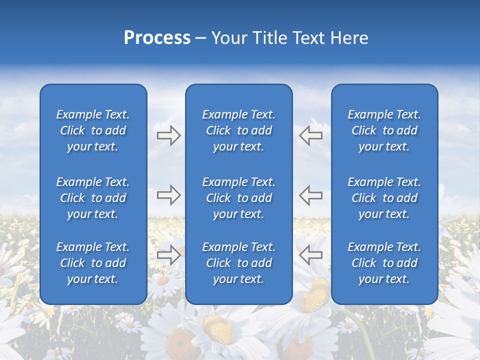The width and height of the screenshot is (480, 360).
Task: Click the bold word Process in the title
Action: [157, 38]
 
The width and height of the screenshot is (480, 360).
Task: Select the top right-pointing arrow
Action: [168, 135]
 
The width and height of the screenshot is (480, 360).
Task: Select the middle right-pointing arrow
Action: [168, 195]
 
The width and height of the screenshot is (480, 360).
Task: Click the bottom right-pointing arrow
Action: [168, 255]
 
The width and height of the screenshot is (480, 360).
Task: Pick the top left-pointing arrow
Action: [311, 135]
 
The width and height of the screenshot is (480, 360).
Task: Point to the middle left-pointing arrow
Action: [311, 195]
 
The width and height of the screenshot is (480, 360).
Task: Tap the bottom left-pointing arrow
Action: [311, 255]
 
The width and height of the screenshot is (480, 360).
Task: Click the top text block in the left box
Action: [93, 130]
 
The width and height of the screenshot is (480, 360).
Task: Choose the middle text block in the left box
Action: [93, 198]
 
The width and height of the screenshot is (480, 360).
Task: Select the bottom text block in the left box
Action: [93, 263]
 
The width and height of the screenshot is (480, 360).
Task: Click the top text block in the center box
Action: [238, 130]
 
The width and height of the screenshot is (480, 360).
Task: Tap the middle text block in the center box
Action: [238, 198]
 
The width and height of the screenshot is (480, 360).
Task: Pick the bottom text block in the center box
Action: [238, 263]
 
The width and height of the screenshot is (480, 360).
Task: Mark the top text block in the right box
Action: [384, 130]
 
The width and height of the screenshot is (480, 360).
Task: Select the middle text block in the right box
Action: [384, 198]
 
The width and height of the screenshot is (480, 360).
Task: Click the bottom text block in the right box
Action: [384, 263]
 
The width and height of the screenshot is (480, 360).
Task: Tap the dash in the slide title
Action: [200, 38]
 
